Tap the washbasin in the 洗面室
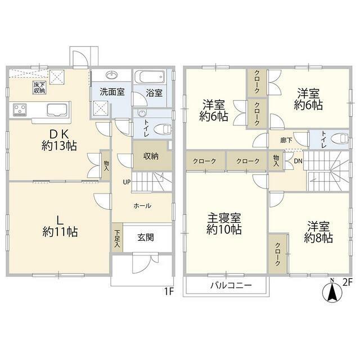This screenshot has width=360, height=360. point(111,75)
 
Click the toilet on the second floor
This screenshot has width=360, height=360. point(338,138)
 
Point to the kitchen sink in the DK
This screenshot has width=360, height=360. point(58,109)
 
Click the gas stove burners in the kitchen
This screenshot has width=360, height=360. point(19,109)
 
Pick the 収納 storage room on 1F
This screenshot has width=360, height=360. point(150,156)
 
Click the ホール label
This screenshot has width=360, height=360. point(142,206)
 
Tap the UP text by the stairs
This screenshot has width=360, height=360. point(127,181)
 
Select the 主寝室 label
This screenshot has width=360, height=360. point(224,217)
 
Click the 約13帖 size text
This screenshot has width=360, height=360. point(60,146)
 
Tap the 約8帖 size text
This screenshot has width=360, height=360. point(318,238)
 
